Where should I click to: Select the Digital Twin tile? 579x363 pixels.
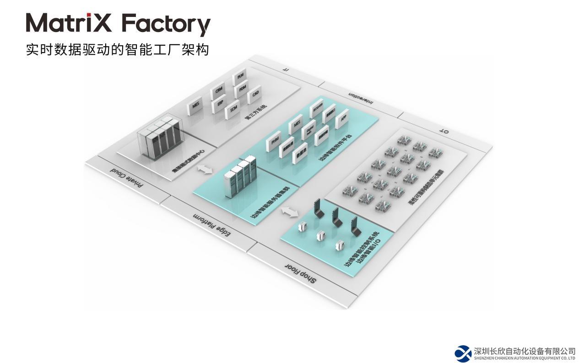309,129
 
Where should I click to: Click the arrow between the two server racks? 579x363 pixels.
205,169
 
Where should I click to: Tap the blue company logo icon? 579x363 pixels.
463,353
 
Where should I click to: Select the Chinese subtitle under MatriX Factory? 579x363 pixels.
118,49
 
